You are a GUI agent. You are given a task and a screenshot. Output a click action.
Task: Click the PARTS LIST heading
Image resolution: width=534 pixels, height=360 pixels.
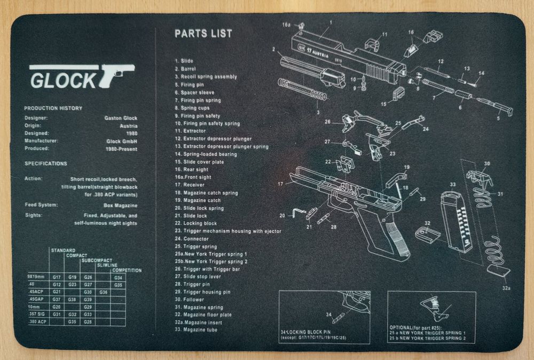coord(203,34)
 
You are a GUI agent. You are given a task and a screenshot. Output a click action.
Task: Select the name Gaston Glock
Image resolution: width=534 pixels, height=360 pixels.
coord(121,118)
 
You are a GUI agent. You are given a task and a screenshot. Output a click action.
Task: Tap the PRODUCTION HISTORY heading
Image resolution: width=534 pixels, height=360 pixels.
coord(53,108)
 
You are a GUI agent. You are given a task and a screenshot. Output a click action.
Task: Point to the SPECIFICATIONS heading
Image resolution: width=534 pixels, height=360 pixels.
coord(45,163)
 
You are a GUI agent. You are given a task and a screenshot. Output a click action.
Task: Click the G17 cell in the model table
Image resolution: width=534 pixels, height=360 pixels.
coord(57,277)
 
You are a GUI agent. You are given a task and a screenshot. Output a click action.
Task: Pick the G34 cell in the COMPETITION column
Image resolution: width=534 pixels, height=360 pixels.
coord(118,277)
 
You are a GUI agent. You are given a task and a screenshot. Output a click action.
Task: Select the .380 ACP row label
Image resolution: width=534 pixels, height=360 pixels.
coord(37,322)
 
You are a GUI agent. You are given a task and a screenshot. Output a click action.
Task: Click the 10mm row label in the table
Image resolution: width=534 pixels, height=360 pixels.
coord(35,307)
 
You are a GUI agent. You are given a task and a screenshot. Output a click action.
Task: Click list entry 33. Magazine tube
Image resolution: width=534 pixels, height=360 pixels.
coord(196,330)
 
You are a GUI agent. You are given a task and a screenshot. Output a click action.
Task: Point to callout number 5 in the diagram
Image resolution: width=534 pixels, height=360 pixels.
coord(498,118)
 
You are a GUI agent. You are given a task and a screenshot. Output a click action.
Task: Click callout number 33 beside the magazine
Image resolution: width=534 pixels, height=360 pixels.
coord(453,184)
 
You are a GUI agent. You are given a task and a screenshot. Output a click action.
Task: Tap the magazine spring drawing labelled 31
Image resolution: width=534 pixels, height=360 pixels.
coord(496,251)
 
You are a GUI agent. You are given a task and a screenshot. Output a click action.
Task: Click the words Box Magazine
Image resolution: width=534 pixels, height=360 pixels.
coord(120,205)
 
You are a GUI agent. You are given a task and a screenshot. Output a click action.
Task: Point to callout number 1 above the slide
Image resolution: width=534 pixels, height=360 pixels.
coord(331,22)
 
